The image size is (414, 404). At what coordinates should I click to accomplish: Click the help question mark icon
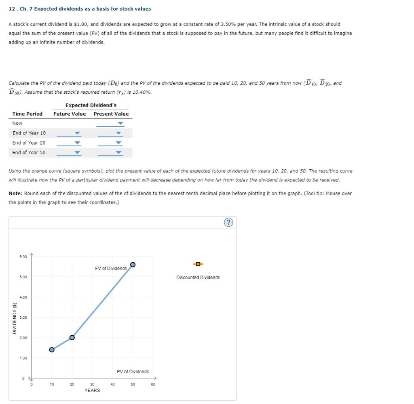coord(229,223)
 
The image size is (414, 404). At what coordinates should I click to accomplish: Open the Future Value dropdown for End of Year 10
coord(69,133)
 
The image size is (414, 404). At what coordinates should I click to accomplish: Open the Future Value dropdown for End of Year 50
coord(69,153)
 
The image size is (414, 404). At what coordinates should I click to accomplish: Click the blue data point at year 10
coord(52,349)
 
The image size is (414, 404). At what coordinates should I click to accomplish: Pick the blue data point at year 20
coord(72,337)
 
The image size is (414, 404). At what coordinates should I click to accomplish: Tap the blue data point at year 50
coord(133,265)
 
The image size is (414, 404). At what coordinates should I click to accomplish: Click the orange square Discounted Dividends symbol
coord(198,265)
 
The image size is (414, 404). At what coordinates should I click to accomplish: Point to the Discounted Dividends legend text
coord(198,278)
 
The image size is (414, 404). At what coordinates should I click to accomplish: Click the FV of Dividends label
coord(111,268)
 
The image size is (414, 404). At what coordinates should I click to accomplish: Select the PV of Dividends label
coord(133,372)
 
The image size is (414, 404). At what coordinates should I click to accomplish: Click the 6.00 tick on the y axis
coord(23,257)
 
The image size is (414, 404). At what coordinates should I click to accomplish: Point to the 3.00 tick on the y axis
coord(23,318)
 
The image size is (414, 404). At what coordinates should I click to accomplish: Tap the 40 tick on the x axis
coord(112,385)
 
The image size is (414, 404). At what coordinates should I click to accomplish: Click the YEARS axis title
coord(92,391)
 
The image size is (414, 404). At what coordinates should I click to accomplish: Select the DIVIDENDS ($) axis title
coord(15,318)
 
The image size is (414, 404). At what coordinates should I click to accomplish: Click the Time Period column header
coord(27,114)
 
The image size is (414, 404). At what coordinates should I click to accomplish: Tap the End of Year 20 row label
coord(29,143)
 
